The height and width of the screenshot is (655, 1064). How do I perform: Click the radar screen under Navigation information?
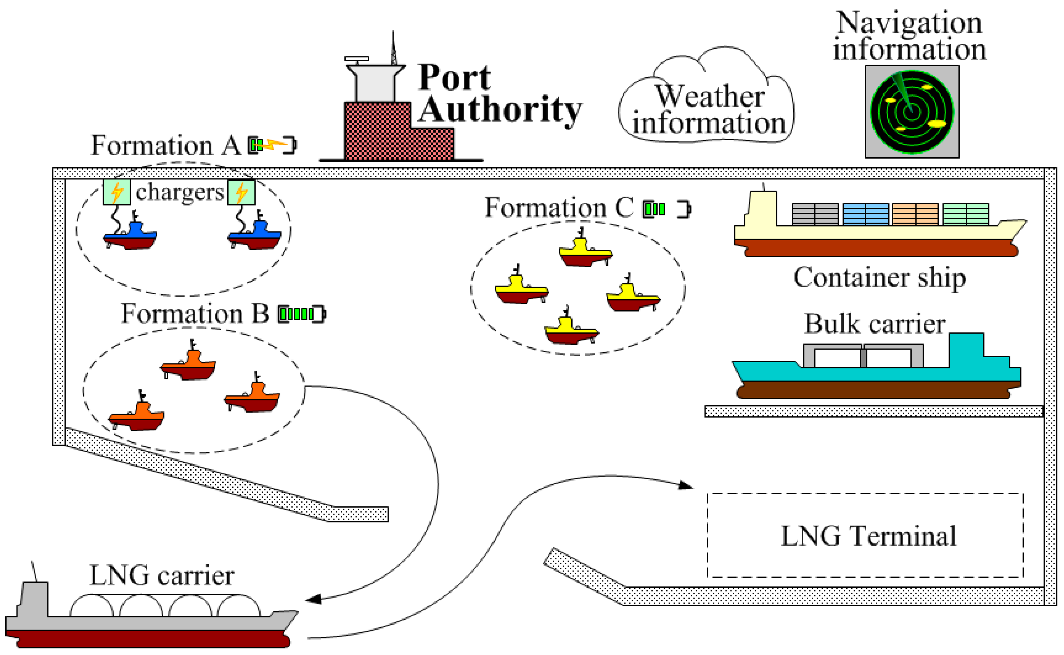click(912, 112)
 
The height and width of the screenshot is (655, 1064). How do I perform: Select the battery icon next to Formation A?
click(272, 145)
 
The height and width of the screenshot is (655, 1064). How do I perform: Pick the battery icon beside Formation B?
click(301, 314)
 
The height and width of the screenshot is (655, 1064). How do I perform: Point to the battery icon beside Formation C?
click(667, 209)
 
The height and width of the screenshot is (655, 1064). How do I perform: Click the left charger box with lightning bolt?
click(116, 192)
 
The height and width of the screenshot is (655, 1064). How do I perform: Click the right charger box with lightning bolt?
click(241, 192)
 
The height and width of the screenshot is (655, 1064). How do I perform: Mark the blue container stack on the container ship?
click(865, 214)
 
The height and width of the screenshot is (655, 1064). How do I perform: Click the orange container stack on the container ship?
click(915, 214)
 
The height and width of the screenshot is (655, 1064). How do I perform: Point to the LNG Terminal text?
click(869, 536)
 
